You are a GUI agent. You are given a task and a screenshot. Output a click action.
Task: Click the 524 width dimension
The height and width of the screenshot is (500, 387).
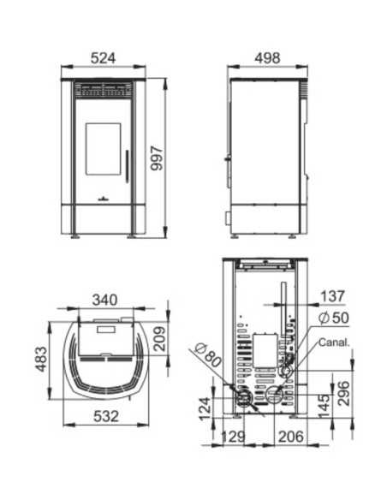pos(104,58)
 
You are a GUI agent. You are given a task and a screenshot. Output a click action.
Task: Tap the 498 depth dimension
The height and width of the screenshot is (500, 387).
pos(267,58)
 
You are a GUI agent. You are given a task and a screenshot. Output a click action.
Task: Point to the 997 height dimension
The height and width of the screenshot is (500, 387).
pos(157,158)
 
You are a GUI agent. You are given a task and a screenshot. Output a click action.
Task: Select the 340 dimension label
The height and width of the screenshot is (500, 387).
pos(104,300)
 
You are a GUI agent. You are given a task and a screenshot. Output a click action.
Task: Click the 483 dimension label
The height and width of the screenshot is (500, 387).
pos(41,360)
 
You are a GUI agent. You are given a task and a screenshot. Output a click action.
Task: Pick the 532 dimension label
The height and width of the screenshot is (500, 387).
pos(106,416)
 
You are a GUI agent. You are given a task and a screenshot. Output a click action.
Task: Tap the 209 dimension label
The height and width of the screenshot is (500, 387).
pos(160,339)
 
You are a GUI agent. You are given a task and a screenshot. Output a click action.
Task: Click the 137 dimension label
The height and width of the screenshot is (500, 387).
pos(332,296)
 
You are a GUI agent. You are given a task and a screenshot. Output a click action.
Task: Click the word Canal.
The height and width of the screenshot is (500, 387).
pos(334,342)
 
